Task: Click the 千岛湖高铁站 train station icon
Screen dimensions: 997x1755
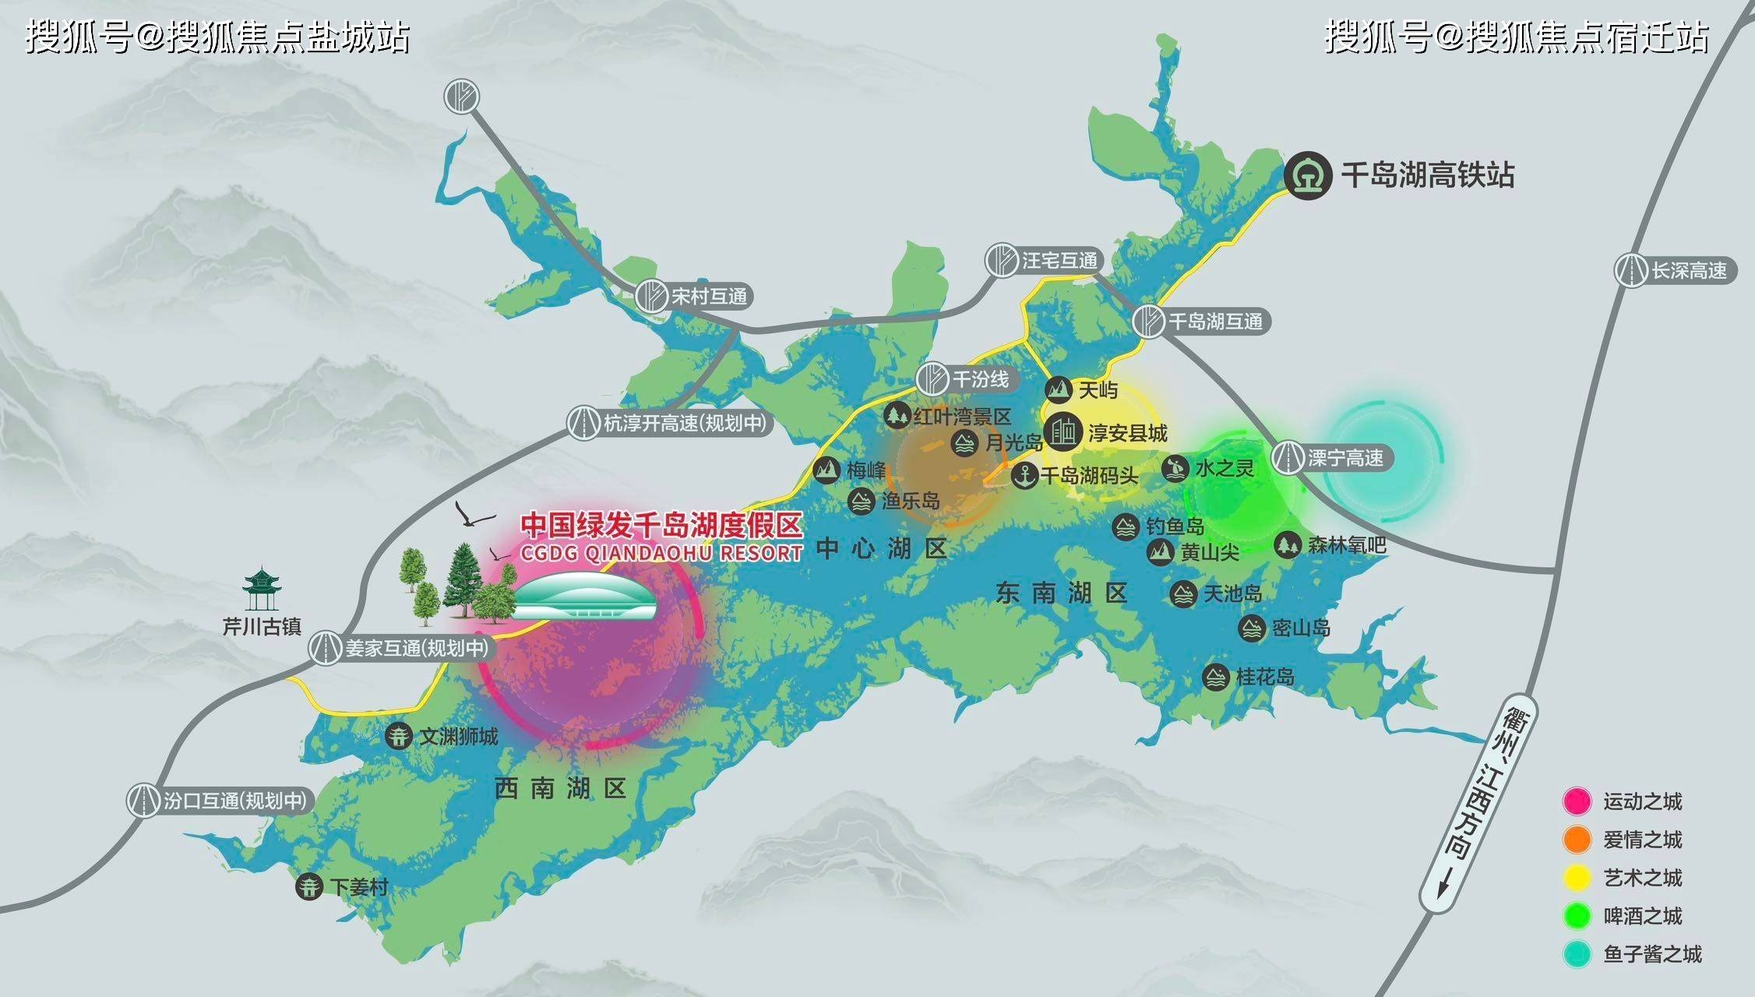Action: click(1308, 175)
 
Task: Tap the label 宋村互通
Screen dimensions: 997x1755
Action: click(709, 297)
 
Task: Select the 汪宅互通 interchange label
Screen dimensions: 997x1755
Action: click(1059, 261)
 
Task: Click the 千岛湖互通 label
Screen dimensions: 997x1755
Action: click(1215, 322)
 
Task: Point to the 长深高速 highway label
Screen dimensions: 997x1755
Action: click(1689, 271)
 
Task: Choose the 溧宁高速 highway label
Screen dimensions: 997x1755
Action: click(1345, 458)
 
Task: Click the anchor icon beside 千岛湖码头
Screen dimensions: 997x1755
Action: click(1024, 474)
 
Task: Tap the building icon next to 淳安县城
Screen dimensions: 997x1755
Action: click(1063, 432)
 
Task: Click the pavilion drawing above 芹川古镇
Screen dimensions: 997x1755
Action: click(262, 589)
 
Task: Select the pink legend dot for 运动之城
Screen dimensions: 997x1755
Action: click(1577, 801)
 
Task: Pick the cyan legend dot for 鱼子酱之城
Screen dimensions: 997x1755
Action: click(1577, 954)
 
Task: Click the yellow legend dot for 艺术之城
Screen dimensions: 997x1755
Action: click(1577, 878)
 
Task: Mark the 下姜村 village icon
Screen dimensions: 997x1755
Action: click(309, 886)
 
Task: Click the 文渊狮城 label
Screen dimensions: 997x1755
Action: click(458, 736)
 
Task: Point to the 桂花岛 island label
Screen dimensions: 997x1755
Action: click(1265, 677)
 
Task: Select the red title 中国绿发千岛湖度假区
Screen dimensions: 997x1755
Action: click(661, 525)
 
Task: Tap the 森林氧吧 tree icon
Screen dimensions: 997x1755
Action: click(1287, 544)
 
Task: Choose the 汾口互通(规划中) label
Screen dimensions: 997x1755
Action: click(234, 801)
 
